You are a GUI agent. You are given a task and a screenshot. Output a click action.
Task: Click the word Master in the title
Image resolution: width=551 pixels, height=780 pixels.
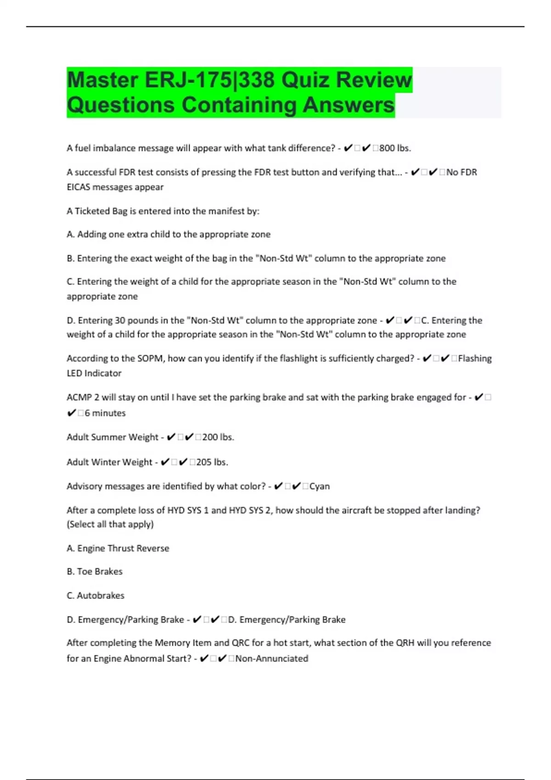[102, 80]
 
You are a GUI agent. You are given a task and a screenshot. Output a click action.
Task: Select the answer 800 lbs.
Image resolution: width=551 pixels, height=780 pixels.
[395, 148]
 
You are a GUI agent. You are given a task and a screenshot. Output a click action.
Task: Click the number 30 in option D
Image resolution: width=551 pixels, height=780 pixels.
[120, 320]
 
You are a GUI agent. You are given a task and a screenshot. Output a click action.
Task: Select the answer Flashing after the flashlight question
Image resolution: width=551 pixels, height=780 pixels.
[475, 358]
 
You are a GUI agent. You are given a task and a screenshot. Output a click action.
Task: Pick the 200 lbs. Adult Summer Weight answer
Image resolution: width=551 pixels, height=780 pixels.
[218, 437]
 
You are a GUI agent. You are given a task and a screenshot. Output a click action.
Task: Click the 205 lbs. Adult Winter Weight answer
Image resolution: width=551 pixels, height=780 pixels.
[212, 462]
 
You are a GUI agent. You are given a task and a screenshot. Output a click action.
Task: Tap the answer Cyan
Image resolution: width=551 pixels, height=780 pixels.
[320, 486]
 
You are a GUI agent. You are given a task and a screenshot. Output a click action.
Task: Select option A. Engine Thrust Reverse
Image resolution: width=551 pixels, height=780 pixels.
[118, 548]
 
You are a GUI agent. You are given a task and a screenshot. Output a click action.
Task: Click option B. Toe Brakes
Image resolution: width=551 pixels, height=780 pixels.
[95, 572]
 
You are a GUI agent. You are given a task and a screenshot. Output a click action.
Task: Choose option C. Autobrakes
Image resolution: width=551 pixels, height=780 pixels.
[96, 596]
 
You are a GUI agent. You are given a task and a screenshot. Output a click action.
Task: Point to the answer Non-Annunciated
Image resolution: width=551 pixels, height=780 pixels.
[271, 659]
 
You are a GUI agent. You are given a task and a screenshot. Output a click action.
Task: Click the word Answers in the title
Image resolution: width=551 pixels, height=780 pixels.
[349, 105]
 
